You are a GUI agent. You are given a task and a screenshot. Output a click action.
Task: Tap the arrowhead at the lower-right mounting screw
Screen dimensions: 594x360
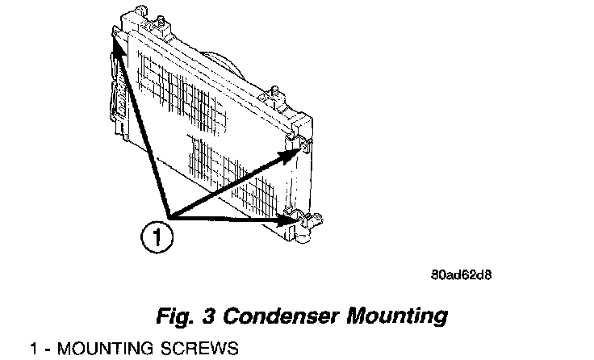[x=288, y=218]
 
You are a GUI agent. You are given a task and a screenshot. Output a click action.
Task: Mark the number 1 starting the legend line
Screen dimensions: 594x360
[x=33, y=350]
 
